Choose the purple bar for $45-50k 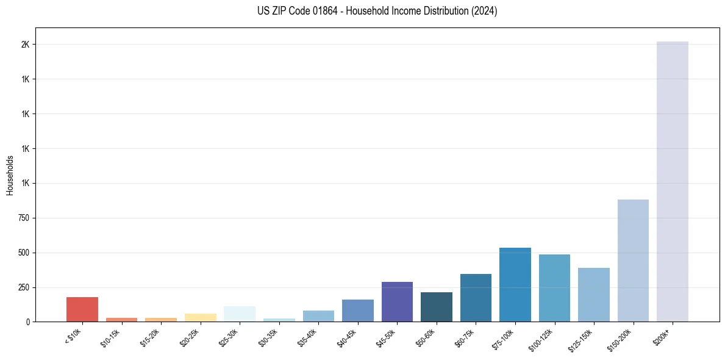click(397, 301)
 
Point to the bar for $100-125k click(554, 288)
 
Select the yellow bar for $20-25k click(200, 317)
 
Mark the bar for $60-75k click(476, 298)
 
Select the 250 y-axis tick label click(24, 287)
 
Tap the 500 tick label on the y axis click(24, 253)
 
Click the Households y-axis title click(10, 175)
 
